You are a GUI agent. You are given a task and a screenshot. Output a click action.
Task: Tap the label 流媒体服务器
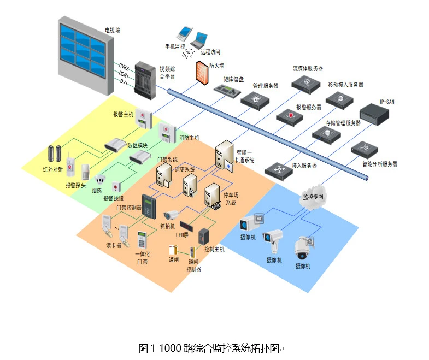pyautogui.click(x=308, y=68)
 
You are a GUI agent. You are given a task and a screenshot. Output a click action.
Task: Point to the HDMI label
pyautogui.click(x=124, y=74)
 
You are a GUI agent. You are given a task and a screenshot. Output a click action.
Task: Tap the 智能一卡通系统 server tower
pyautogui.click(x=225, y=156)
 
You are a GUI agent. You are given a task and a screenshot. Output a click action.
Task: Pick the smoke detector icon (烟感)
pyautogui.click(x=100, y=180)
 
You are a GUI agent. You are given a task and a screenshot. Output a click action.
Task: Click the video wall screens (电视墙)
pyautogui.click(x=83, y=50)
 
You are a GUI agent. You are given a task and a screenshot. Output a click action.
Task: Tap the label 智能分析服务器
pyautogui.click(x=379, y=164)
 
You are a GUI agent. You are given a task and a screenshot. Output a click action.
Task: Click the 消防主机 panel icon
pyautogui.click(x=166, y=133)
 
